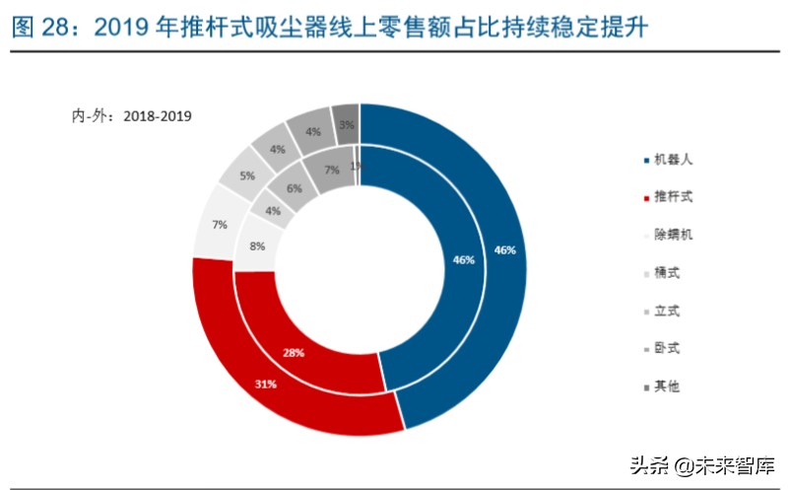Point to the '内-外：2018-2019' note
click(x=131, y=115)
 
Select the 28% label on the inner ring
click(x=294, y=351)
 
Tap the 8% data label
click(x=256, y=246)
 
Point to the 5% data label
click(x=246, y=175)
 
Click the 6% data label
click(x=295, y=187)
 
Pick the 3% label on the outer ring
click(x=346, y=125)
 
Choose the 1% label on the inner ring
click(x=356, y=166)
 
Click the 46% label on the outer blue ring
click(x=504, y=250)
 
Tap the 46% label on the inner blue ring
click(x=463, y=260)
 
